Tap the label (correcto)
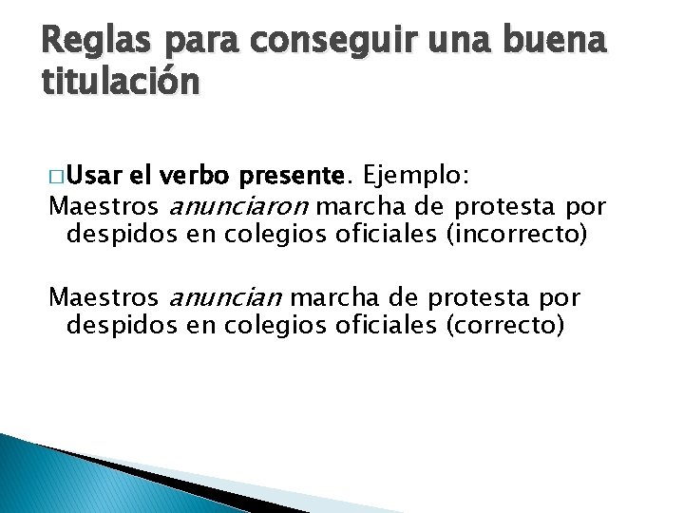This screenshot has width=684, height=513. tap(503, 326)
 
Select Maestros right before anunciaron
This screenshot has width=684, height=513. tap(105, 205)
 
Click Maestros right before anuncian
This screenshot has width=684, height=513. tap(105, 298)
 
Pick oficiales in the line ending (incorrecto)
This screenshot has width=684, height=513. tap(388, 234)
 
